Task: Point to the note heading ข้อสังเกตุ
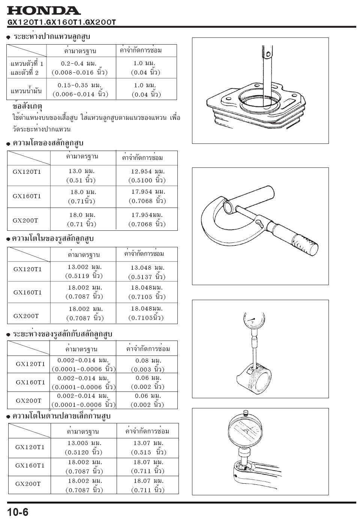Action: coord(27,107)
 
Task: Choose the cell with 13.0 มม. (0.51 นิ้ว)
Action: coord(81,175)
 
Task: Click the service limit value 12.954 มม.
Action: coord(148,172)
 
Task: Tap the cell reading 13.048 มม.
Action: coord(147,267)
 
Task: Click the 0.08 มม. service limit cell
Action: coord(148,360)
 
